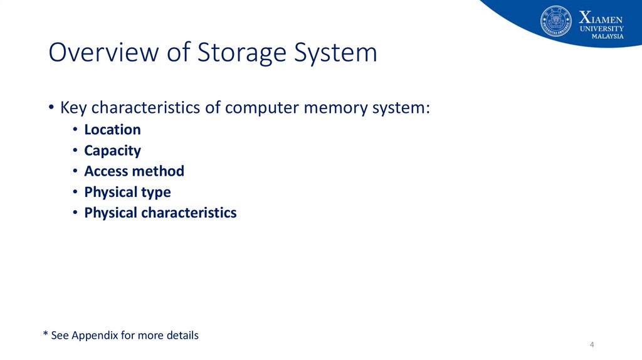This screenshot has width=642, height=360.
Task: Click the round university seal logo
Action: [x=556, y=21]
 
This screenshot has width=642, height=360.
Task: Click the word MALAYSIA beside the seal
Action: [x=608, y=36]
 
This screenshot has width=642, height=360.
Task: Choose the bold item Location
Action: [x=112, y=130]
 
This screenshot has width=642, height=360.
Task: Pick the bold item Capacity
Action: [x=112, y=151]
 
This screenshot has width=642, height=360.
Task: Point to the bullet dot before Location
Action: [x=74, y=130]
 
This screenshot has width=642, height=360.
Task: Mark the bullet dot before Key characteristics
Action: [x=51, y=109]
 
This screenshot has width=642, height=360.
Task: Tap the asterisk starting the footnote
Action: [x=45, y=334]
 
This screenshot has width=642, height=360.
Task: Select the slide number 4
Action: [x=592, y=346]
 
